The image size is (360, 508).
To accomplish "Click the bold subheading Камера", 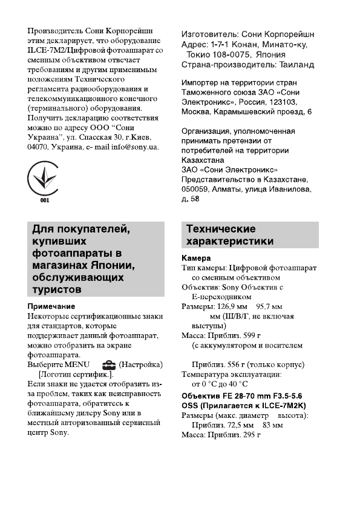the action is click(x=197, y=258).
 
